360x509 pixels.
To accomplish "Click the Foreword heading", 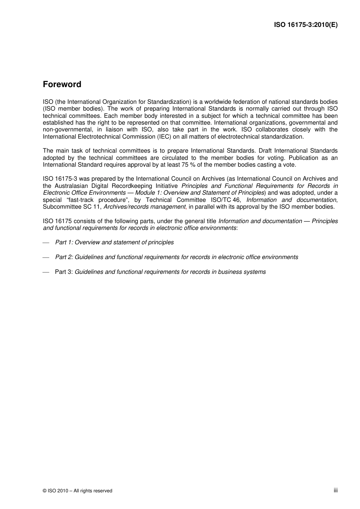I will pos(62,84).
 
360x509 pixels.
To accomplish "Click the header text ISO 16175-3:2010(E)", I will pos(305,25).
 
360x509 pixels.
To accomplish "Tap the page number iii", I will pos(335,490).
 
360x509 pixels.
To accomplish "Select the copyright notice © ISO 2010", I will pos(77,491).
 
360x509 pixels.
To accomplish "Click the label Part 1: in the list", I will pos(64,242).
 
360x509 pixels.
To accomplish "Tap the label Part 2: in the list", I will pos(64,257).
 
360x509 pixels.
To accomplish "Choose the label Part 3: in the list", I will pos(64,272).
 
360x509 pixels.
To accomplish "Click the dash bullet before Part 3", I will pos(46,272).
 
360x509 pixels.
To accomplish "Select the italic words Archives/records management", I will pos(144,207).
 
